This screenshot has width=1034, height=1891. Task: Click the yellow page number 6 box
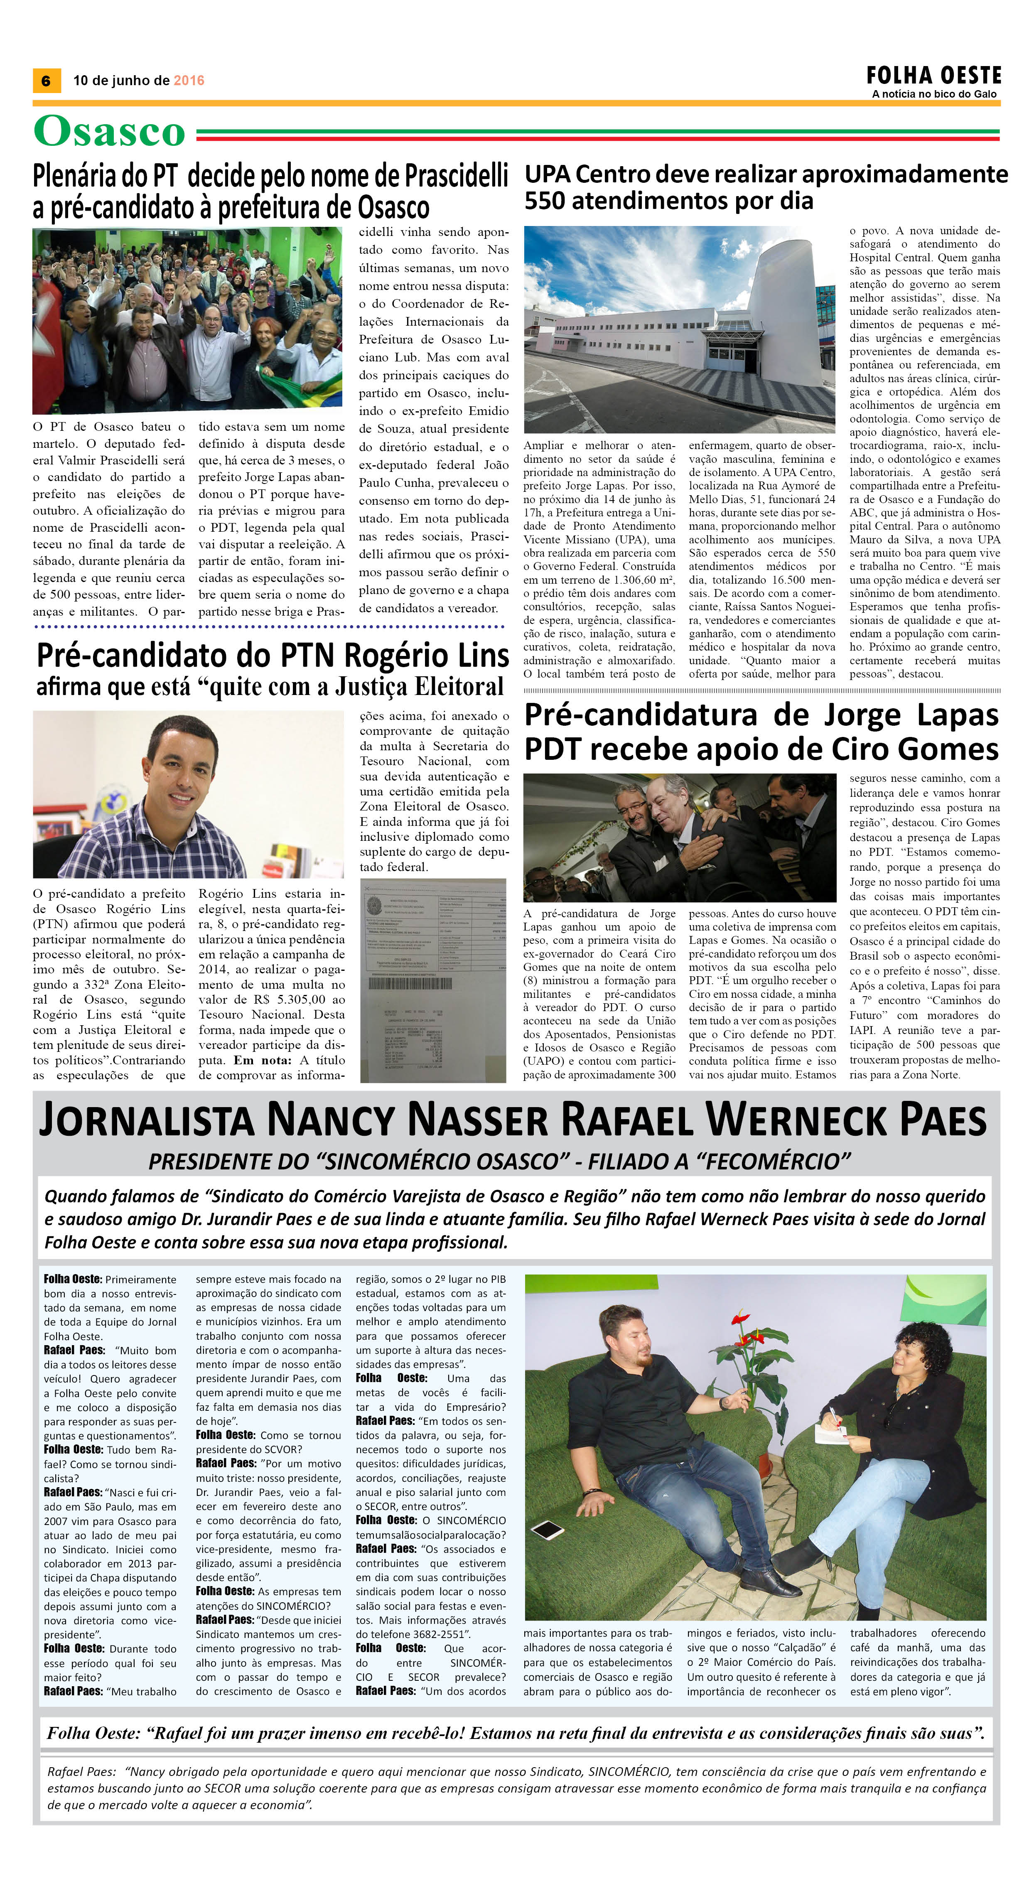pos(46,81)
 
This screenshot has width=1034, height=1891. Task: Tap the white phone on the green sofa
pos(547,1530)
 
